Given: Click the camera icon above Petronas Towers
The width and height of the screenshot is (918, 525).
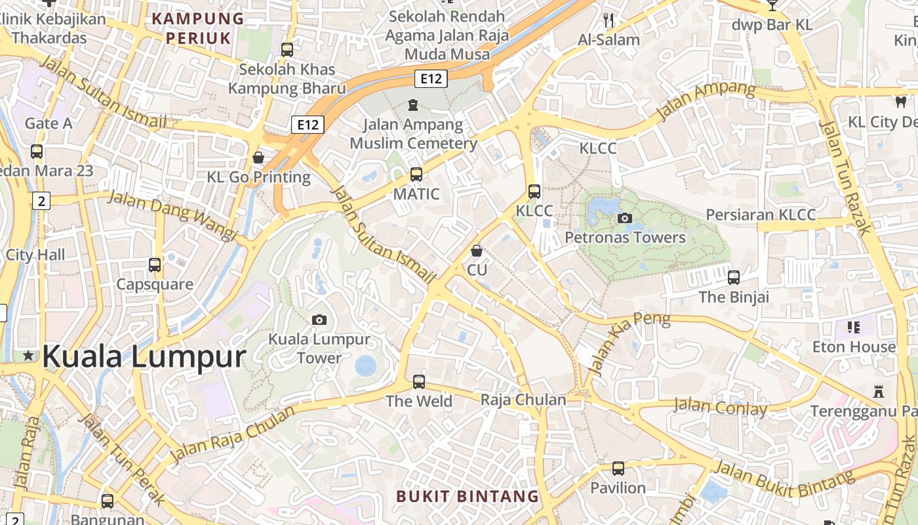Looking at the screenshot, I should pos(625,218).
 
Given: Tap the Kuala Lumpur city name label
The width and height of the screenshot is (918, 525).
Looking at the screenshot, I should pos(144,357).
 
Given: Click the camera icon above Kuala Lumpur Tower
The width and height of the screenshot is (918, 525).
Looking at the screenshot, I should pos(319,320).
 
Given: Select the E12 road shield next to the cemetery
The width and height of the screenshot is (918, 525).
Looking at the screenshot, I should pos(431,79).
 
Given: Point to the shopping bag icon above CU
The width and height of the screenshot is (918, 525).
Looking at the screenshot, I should pos(477,251).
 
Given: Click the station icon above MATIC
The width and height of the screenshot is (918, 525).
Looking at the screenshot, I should pos(416,175).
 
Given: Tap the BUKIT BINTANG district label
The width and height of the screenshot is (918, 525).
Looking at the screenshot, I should pos(468,496).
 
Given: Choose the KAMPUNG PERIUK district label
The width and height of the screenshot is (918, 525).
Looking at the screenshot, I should pos(198,28).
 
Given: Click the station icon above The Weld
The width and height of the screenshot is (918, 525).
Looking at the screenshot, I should pos(419,381).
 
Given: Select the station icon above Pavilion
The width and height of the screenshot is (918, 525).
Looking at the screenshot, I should pos(618,469).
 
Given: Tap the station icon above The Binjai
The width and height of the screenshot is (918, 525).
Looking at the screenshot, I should pos(734,278).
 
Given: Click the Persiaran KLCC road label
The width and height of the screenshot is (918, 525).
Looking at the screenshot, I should pos(761,215).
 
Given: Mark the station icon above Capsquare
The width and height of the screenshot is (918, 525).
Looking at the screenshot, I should pos(155,265).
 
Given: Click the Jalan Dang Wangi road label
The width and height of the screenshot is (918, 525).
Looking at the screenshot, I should pos(172,215).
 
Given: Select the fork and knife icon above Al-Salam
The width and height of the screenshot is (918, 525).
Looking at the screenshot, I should pos(609,20).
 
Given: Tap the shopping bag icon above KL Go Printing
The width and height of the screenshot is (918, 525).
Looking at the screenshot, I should pos(258,157).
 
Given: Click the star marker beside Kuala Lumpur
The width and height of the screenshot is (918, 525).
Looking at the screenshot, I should pos(28,356).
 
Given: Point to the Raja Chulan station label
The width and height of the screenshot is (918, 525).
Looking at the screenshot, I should pos(523,400).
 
